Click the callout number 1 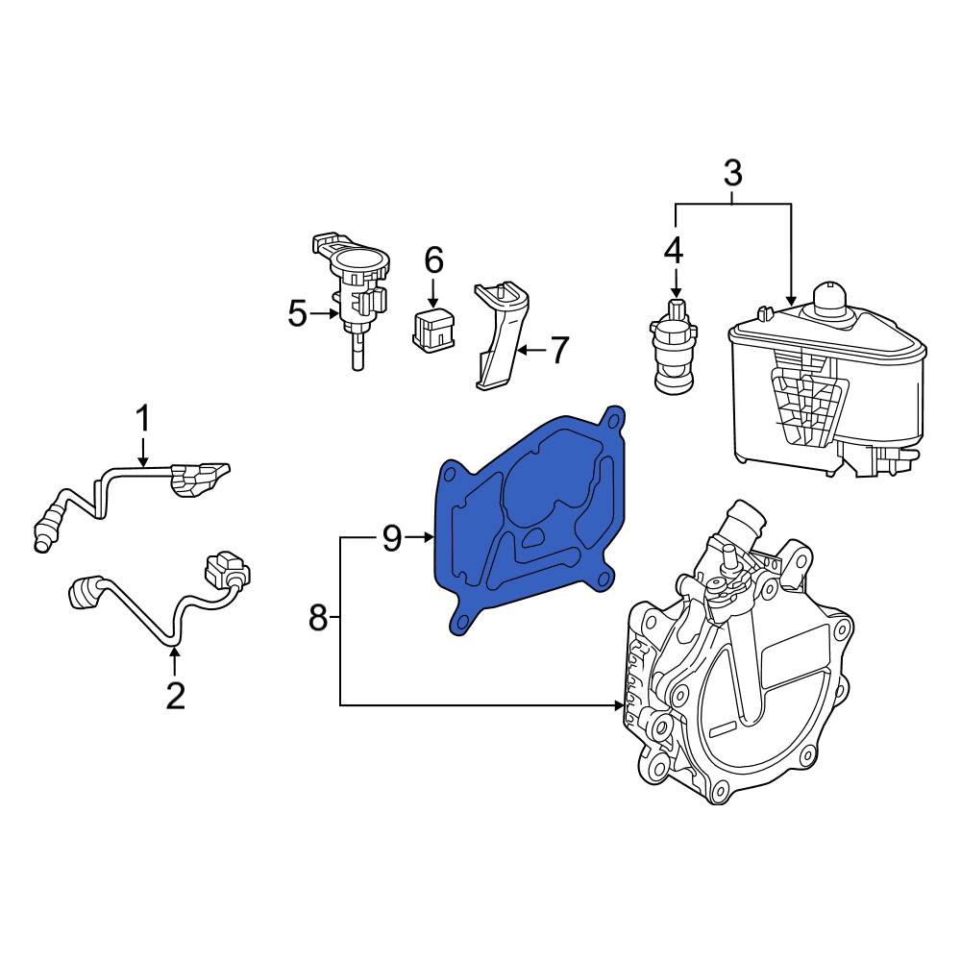tap(142, 419)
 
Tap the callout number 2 tap(174, 694)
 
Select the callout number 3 tap(732, 174)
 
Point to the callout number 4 tap(674, 250)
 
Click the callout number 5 tap(298, 313)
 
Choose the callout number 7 tap(558, 350)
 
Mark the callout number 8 tap(319, 619)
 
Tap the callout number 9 tap(391, 539)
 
